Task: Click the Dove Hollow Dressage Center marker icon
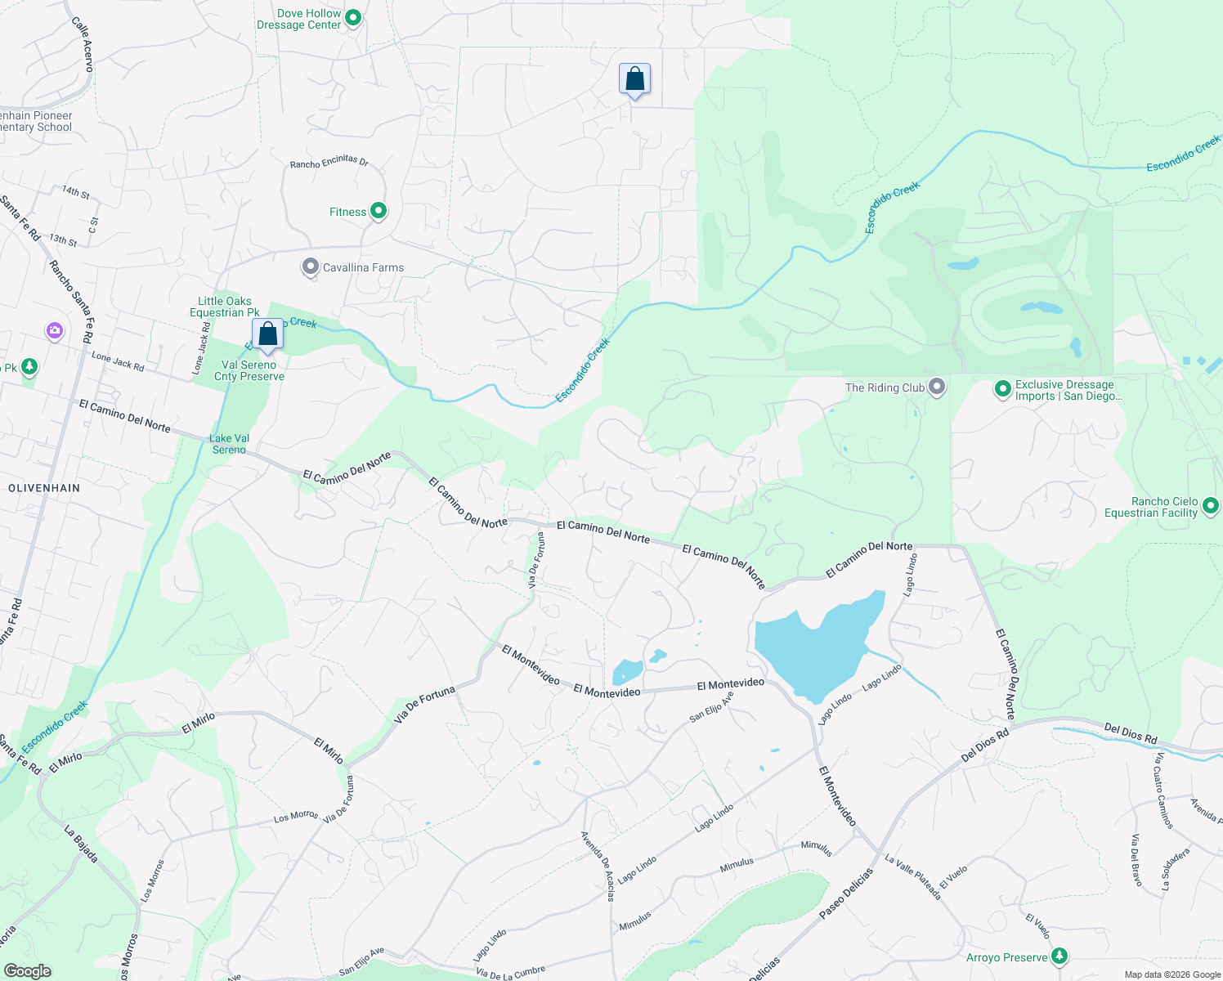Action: pos(353,18)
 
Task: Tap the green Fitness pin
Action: pos(379,211)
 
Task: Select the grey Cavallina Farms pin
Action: pos(310,267)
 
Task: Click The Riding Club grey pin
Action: pos(937,387)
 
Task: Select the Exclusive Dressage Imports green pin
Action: pos(1002,389)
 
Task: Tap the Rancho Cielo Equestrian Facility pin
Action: pos(1210,507)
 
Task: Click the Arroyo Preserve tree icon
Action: pos(1059,956)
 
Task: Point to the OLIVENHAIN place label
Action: pos(44,488)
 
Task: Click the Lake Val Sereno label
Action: pos(230,444)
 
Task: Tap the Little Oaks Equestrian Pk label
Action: pos(225,307)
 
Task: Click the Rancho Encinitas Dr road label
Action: pos(329,162)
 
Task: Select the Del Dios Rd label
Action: pos(984,746)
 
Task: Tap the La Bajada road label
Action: pos(81,844)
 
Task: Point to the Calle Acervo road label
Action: pos(83,44)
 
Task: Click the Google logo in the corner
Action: pos(27,970)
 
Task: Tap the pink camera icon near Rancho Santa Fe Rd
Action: pos(55,331)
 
